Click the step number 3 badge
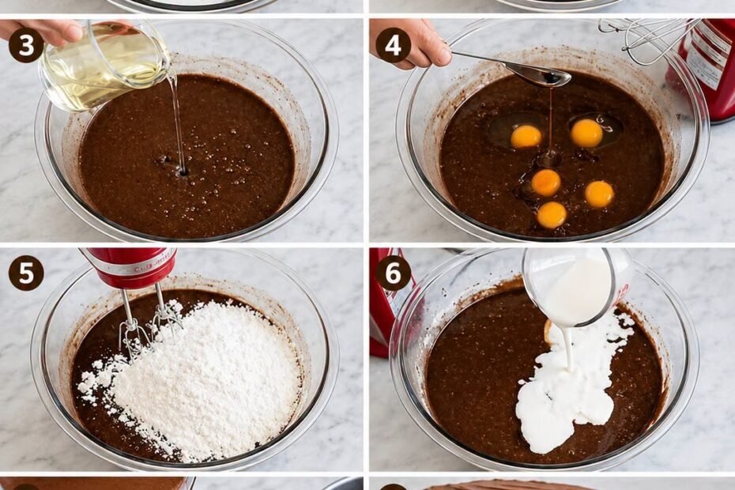pyautogui.click(x=26, y=46)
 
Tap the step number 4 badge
pyautogui.click(x=393, y=46)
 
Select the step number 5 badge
pyautogui.click(x=26, y=273)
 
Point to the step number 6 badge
pyautogui.click(x=393, y=273)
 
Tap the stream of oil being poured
pyautogui.click(x=177, y=124)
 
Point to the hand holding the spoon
pyautogui.click(x=410, y=42)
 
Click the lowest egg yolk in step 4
pyautogui.click(x=552, y=215)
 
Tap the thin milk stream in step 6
pyautogui.click(x=571, y=349)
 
